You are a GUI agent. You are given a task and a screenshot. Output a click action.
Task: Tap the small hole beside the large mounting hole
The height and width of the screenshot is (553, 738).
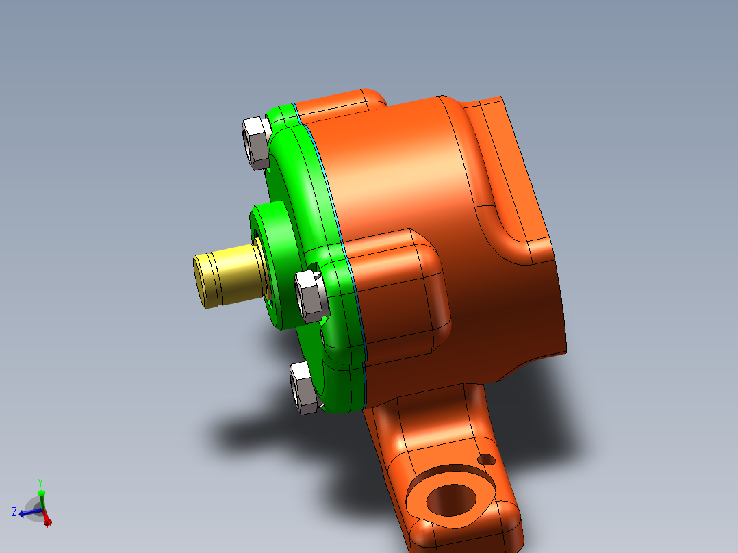click(487, 459)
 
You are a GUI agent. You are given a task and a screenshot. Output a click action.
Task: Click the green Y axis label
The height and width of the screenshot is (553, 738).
click(40, 482)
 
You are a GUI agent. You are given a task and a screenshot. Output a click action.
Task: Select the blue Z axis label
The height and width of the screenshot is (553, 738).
click(14, 511)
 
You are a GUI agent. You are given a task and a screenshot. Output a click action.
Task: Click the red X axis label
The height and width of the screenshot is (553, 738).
click(49, 524)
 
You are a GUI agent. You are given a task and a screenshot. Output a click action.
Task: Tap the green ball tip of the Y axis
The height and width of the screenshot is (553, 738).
click(41, 492)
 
